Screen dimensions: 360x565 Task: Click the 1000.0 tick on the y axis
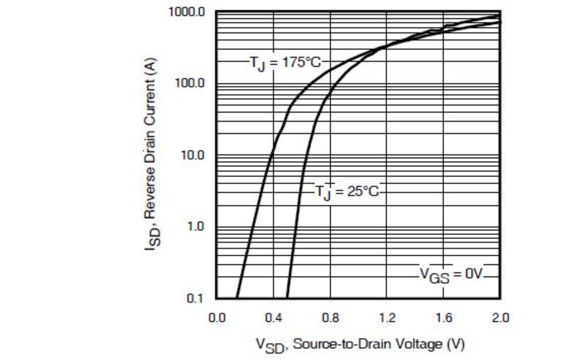[187, 12]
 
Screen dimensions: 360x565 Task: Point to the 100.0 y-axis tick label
[190, 83]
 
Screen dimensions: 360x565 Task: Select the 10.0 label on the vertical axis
[192, 155]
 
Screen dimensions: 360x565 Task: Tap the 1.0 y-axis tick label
[195, 226]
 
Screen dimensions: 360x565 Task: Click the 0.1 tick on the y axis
[195, 298]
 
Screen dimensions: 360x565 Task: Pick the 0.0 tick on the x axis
[217, 318]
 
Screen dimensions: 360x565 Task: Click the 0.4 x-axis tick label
[273, 318]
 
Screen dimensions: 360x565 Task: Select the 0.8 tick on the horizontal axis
[330, 318]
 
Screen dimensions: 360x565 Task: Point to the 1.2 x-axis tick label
[387, 318]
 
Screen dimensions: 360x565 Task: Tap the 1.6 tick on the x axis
[444, 318]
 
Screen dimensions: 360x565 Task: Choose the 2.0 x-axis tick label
[500, 318]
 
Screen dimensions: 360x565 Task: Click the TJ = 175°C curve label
[285, 62]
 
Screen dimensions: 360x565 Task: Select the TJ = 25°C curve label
[347, 192]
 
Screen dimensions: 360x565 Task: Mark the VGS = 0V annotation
[451, 275]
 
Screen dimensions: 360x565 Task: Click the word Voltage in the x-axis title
[422, 344]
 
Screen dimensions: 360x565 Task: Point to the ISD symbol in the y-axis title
[152, 238]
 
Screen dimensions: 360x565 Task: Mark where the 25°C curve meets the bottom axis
[287, 298]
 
